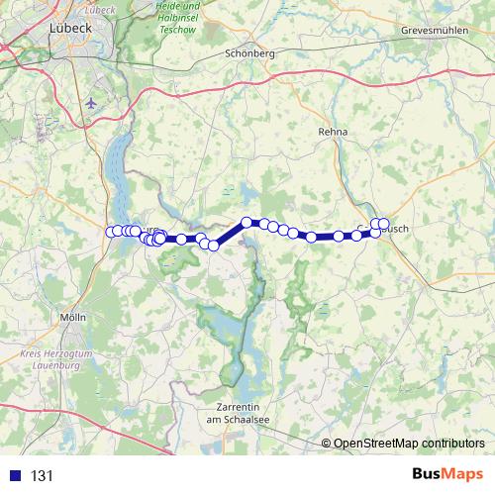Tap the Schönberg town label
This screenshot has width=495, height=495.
coord(249,53)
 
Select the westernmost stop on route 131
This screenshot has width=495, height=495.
coord(111,232)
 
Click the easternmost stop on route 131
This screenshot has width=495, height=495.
coord(384,223)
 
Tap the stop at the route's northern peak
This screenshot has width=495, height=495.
coord(247,223)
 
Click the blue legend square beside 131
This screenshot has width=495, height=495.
coord(15,475)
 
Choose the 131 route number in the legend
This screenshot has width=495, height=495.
coord(43,476)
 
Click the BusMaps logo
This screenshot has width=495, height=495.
coord(446,475)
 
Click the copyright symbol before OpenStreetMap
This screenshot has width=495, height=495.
coord(326,444)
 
